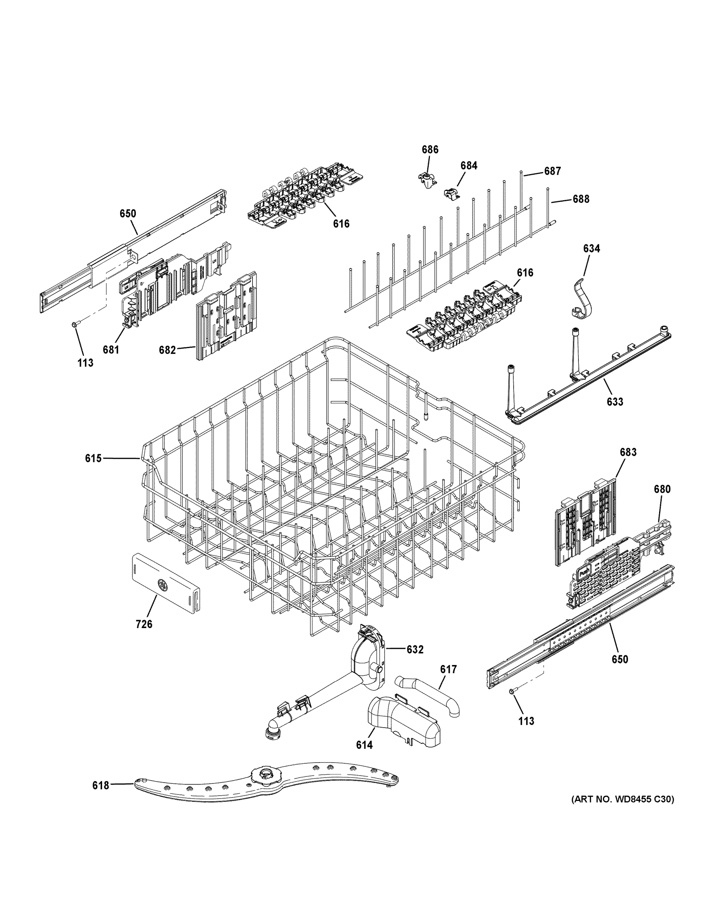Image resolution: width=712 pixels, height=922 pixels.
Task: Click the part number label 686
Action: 430,149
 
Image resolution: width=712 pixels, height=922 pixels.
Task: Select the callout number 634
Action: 591,249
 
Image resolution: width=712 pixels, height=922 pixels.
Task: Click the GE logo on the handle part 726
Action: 162,584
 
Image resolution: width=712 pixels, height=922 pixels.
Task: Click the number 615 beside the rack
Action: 93,458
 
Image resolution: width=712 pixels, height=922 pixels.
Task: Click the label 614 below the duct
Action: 364,745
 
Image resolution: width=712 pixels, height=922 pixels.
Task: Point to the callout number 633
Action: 615,401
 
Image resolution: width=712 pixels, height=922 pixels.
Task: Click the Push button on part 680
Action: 584,573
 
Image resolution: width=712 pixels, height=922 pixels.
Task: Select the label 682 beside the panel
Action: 167,350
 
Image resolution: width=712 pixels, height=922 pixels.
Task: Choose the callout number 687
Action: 552,171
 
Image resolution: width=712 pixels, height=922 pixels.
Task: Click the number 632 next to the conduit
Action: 415,650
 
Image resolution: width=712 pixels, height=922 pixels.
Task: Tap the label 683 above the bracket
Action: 628,452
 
